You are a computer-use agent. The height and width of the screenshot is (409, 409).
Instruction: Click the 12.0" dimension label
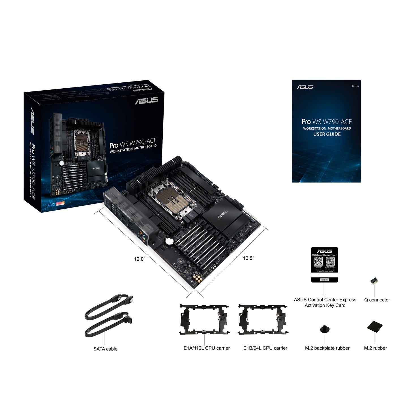140,259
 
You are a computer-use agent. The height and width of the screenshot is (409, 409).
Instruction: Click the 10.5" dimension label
248,258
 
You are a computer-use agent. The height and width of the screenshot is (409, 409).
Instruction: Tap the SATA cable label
105,349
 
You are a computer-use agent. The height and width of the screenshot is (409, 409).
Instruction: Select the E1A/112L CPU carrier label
207,348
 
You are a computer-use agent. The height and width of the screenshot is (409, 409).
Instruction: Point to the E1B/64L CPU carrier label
265,348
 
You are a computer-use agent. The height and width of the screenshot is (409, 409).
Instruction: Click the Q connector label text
377,300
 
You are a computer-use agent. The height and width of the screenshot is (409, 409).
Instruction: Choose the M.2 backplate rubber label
327,348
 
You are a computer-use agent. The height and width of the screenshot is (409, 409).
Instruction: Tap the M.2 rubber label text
375,348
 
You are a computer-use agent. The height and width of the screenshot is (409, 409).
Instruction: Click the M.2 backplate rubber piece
325,329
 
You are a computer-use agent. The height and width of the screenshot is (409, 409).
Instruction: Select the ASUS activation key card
324,264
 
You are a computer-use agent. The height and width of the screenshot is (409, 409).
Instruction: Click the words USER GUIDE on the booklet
327,134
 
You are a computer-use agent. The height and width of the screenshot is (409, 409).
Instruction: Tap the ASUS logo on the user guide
305,87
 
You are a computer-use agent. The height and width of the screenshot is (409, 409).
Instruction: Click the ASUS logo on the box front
146,100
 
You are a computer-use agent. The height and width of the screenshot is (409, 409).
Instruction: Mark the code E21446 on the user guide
355,86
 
